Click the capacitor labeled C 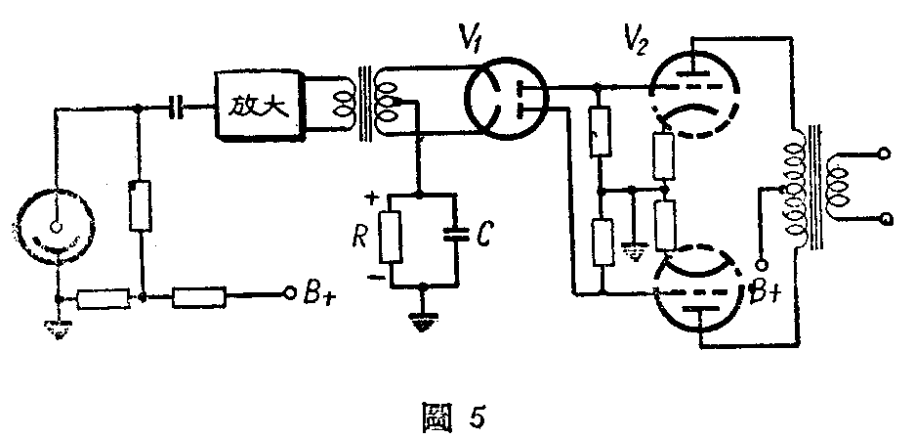click(451, 235)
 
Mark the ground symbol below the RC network click(422, 318)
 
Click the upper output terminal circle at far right click(885, 154)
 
